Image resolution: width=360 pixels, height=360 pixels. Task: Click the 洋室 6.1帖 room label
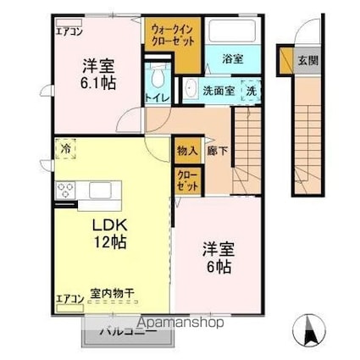tap(99, 75)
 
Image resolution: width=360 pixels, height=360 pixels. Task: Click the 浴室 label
tap(232, 58)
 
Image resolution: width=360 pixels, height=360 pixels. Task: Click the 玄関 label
tap(307, 60)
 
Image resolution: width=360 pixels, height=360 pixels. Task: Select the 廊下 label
tap(217, 152)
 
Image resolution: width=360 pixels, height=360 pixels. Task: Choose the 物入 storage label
tap(186, 152)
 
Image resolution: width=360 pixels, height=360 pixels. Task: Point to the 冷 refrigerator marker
tap(66, 149)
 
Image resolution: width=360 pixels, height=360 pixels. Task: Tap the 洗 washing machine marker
tap(250, 89)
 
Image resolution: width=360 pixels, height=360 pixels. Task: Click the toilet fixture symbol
tap(157, 77)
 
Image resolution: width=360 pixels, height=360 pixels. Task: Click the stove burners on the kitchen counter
tap(64, 191)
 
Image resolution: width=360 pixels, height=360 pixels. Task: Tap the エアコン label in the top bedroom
tap(69, 30)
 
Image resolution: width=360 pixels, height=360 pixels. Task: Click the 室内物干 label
tap(107, 296)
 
